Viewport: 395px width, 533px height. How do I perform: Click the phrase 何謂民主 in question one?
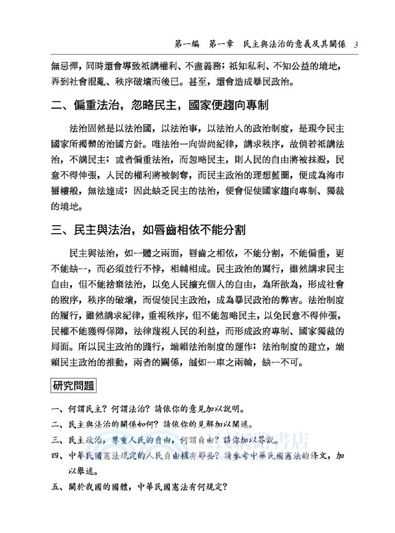[86, 408]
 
